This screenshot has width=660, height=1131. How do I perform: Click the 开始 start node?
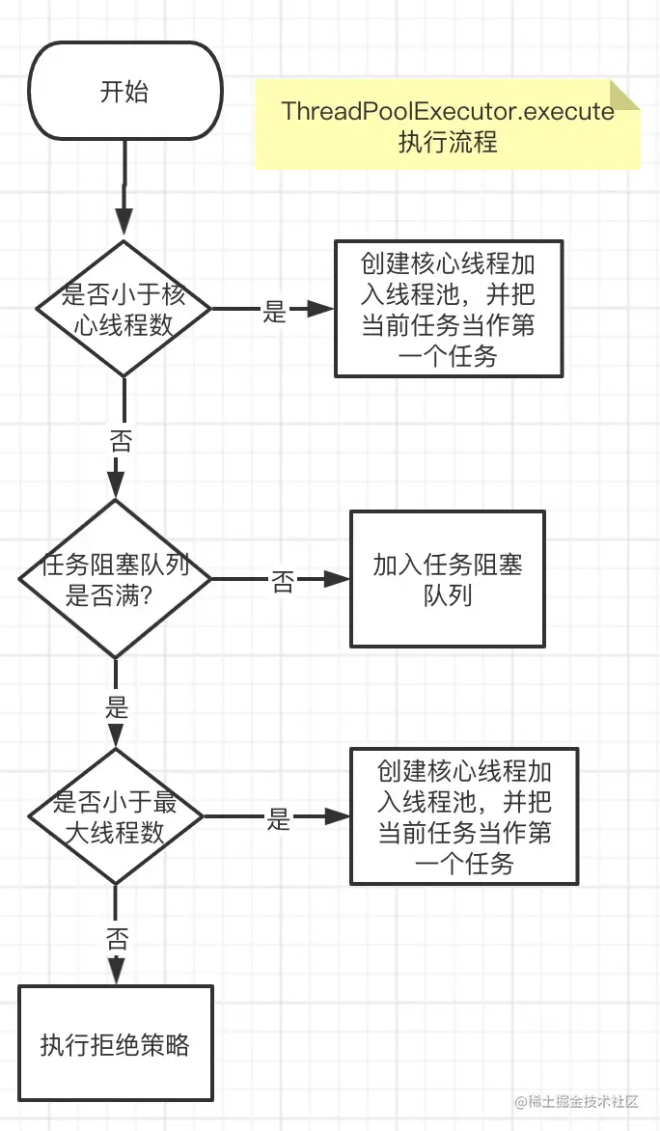pyautogui.click(x=124, y=91)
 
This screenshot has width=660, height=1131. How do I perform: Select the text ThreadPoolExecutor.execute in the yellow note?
pyautogui.click(x=447, y=111)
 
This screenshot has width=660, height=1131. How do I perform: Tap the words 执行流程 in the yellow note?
pyautogui.click(x=447, y=141)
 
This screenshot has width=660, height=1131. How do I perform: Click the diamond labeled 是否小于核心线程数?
pyautogui.click(x=124, y=309)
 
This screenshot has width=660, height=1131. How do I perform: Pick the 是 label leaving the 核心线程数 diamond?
pyautogui.click(x=274, y=311)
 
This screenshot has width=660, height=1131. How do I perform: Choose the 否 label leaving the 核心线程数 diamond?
pyautogui.click(x=122, y=439)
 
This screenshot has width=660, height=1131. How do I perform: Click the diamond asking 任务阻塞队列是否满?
pyautogui.click(x=116, y=578)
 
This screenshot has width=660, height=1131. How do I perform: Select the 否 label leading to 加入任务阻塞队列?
pyautogui.click(x=283, y=581)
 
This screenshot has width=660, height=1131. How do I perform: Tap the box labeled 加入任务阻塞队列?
pyautogui.click(x=447, y=579)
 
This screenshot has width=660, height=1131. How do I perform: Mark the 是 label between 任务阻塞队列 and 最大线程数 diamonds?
pyautogui.click(x=117, y=706)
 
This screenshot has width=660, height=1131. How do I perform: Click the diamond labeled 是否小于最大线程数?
pyautogui.click(x=116, y=816)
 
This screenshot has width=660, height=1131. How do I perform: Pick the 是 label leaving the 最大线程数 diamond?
pyautogui.click(x=279, y=819)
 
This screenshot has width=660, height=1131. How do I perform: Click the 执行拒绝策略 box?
pyautogui.click(x=116, y=1043)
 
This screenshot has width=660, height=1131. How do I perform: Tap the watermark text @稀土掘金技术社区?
pyautogui.click(x=576, y=1101)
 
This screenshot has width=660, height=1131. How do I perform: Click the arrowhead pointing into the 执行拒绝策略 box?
pyautogui.click(x=116, y=970)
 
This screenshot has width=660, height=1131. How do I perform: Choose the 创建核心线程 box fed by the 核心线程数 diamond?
pyautogui.click(x=449, y=309)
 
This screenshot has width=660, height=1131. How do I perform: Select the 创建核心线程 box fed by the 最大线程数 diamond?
pyautogui.click(x=464, y=816)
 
